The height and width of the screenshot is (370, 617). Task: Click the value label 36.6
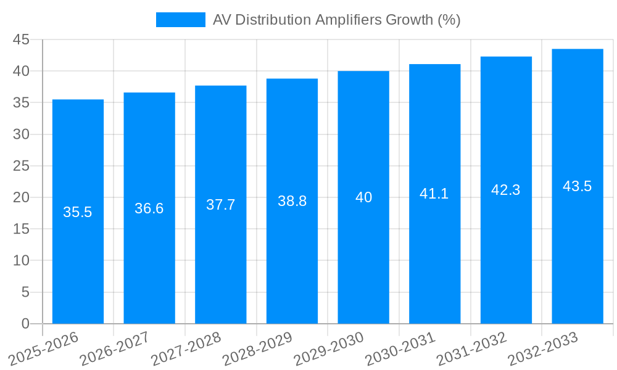[149, 208]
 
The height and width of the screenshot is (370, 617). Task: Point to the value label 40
[363, 197]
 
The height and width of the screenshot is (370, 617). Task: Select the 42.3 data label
[506, 190]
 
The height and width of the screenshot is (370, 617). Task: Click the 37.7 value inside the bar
[220, 205]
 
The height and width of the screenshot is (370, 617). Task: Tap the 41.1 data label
[434, 194]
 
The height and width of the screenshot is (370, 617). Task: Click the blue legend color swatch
[180, 20]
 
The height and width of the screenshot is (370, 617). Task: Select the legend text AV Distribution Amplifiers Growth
[336, 20]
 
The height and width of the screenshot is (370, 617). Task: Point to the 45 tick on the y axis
[22, 39]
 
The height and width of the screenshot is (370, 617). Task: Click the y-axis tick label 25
[22, 166]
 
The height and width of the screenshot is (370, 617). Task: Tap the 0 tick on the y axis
[25, 324]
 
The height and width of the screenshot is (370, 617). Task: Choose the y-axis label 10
[22, 261]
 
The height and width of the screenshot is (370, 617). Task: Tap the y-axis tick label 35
[22, 103]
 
